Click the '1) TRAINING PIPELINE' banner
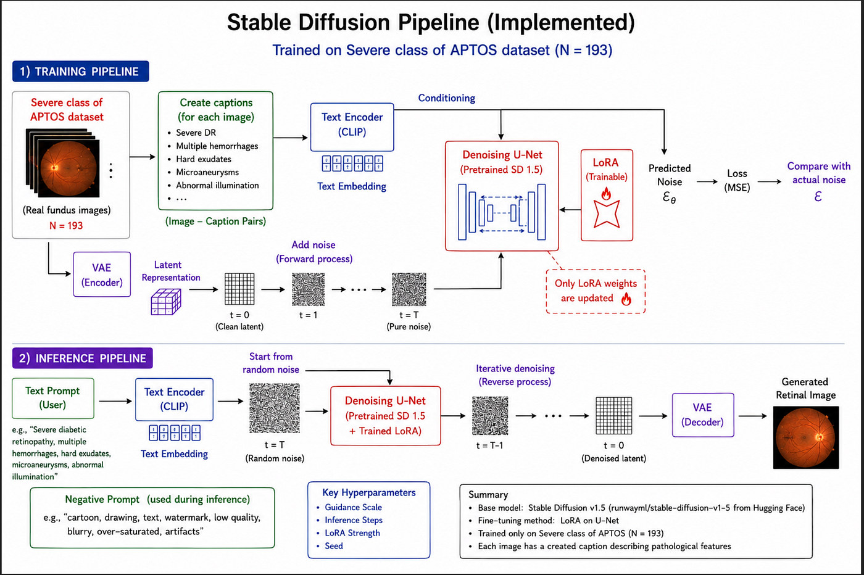pyautogui.click(x=81, y=72)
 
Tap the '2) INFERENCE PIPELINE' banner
pyautogui.click(x=83, y=358)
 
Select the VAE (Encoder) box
pyautogui.click(x=102, y=275)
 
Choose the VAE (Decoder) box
pyautogui.click(x=703, y=415)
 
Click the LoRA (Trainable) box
pyautogui.click(x=607, y=195)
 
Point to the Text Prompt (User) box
pyautogui.click(x=53, y=398)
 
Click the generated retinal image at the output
pyautogui.click(x=806, y=437)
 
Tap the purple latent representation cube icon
pyautogui.click(x=166, y=302)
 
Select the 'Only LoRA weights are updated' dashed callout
pyautogui.click(x=596, y=291)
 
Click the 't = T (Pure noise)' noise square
pyautogui.click(x=409, y=289)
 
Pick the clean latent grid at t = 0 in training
pyautogui.click(x=239, y=289)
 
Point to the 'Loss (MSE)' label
pyautogui.click(x=737, y=181)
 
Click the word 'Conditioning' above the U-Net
pyautogui.click(x=447, y=98)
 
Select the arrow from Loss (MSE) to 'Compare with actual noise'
pyautogui.click(x=770, y=181)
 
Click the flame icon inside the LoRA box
pyautogui.click(x=606, y=193)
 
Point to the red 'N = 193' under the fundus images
pyautogui.click(x=66, y=226)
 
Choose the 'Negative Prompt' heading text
pyautogui.click(x=102, y=499)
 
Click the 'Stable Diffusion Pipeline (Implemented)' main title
pyautogui.click(x=431, y=22)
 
